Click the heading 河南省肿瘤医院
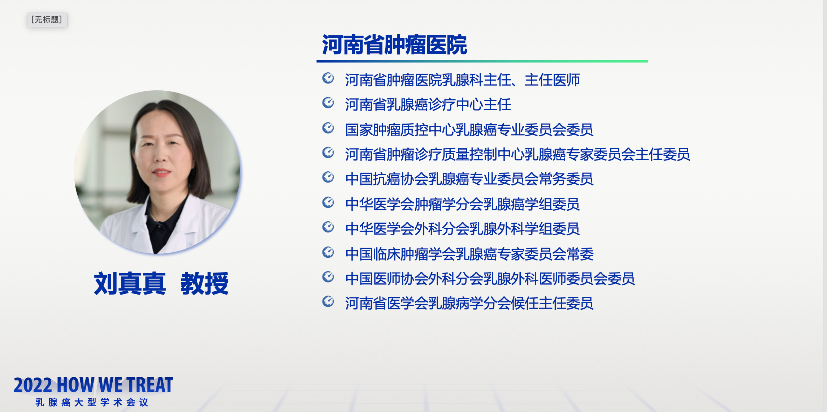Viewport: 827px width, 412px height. click(x=394, y=45)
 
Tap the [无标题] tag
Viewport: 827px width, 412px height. click(x=47, y=20)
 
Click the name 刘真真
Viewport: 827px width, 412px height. click(x=130, y=284)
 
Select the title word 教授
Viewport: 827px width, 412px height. click(x=204, y=284)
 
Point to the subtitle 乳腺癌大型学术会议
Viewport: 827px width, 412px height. click(x=92, y=402)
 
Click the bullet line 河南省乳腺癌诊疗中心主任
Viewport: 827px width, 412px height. click(x=428, y=105)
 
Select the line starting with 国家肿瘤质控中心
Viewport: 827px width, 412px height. click(x=469, y=130)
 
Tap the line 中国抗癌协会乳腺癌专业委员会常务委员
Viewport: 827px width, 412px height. click(x=469, y=179)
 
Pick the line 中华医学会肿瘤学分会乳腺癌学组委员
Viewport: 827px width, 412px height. click(x=462, y=204)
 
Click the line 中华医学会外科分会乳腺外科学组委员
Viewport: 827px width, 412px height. click(x=462, y=229)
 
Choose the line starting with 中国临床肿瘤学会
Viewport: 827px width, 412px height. click(x=469, y=254)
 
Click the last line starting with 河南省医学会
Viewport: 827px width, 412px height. click(x=469, y=303)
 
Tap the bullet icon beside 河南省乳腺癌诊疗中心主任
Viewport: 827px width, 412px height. click(x=328, y=103)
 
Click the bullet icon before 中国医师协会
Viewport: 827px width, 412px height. click(x=328, y=277)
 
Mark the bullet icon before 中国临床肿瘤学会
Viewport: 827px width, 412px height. click(x=328, y=252)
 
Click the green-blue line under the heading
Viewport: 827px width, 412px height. click(x=482, y=61)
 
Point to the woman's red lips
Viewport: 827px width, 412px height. click(x=161, y=172)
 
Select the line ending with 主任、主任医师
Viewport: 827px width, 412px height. click(x=462, y=80)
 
